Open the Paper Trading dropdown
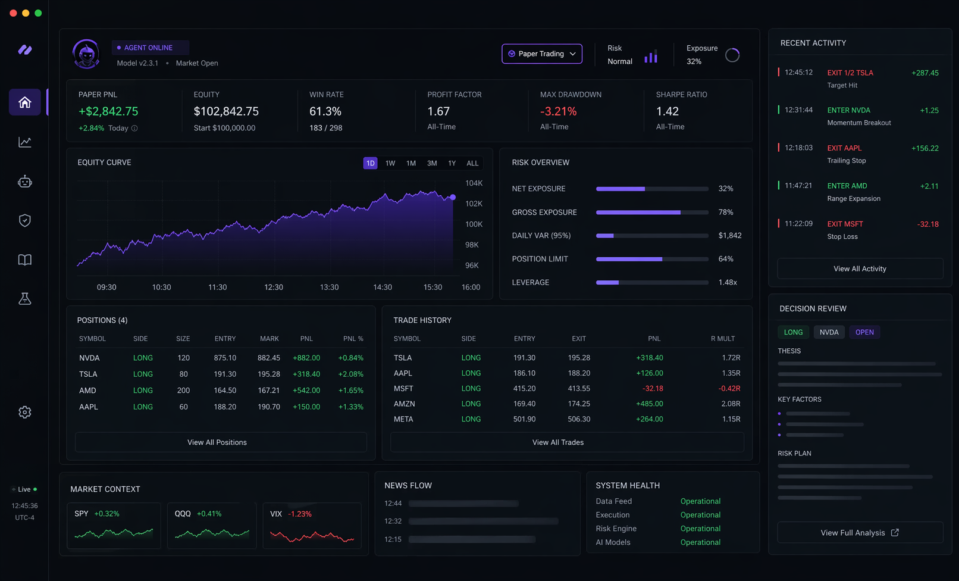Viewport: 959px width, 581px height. pyautogui.click(x=541, y=54)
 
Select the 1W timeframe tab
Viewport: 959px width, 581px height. pyautogui.click(x=390, y=163)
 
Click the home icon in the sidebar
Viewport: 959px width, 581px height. pyautogui.click(x=25, y=102)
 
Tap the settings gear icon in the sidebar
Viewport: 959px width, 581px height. pyautogui.click(x=25, y=412)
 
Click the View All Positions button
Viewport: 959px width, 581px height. pyautogui.click(x=217, y=442)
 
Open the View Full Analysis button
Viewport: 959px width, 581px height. pyautogui.click(x=860, y=533)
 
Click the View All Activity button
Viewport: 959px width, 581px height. pyautogui.click(x=860, y=268)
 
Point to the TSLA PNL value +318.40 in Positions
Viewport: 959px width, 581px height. pyautogui.click(x=306, y=374)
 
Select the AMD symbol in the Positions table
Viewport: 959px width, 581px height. pyautogui.click(x=87, y=391)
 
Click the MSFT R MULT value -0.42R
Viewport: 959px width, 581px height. pyautogui.click(x=729, y=389)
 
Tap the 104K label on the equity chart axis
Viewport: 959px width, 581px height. pyautogui.click(x=474, y=183)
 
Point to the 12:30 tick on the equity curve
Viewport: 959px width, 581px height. pyautogui.click(x=274, y=287)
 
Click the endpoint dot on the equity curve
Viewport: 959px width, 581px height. pyautogui.click(x=453, y=197)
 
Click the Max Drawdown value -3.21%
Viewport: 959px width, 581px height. pyautogui.click(x=558, y=111)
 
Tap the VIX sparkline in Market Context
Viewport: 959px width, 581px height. pyautogui.click(x=312, y=536)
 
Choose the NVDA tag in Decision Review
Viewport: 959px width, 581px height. pyautogui.click(x=829, y=332)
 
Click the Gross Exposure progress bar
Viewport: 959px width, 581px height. pyautogui.click(x=652, y=213)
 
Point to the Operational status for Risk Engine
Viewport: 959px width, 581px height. pyautogui.click(x=700, y=529)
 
